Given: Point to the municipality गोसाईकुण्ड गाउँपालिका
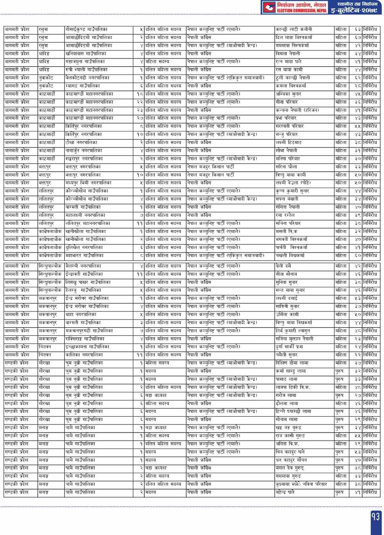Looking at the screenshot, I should coord(86,29).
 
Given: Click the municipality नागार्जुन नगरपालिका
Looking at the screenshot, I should coord(84,151).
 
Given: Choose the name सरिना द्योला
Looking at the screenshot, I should coord(286,167).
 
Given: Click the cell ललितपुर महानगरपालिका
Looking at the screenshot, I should coord(88,224).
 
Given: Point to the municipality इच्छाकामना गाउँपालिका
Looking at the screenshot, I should coord(87,347).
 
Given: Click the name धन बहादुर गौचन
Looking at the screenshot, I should coord(291,460).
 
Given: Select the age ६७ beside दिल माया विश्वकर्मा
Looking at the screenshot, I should coord(358,37).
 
